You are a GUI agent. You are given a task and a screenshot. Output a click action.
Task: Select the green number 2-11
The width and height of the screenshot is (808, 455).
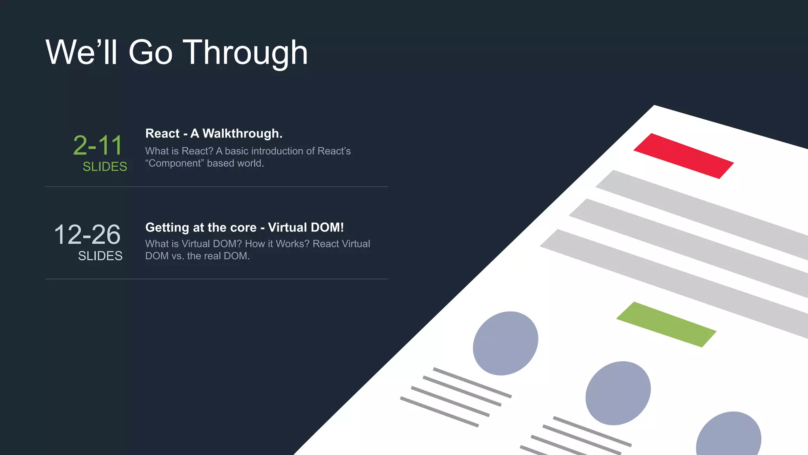98,145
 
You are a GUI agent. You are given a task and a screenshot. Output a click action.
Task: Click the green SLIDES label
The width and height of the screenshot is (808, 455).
105,167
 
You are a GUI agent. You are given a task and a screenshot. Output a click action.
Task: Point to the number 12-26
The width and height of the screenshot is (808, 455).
87,235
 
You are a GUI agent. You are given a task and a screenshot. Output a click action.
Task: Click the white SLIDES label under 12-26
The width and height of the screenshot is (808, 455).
100,256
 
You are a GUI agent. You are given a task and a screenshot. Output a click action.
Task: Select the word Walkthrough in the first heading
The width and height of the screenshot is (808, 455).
242,133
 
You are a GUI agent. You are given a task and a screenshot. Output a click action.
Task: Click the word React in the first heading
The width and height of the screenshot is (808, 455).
163,133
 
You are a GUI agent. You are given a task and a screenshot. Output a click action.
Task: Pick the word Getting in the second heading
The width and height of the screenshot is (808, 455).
167,227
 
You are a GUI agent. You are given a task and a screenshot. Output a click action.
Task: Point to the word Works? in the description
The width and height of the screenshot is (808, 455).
292,244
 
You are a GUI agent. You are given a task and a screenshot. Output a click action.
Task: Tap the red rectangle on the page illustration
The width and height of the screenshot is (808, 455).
683,156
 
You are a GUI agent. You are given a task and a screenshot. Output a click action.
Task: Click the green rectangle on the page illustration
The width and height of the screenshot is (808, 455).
666,325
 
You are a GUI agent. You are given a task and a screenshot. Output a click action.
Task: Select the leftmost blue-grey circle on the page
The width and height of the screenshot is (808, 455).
505,343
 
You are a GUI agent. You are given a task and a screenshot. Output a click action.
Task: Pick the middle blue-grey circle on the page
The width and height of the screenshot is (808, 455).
618,393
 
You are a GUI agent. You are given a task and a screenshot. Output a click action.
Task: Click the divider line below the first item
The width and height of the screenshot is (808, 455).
217,187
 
